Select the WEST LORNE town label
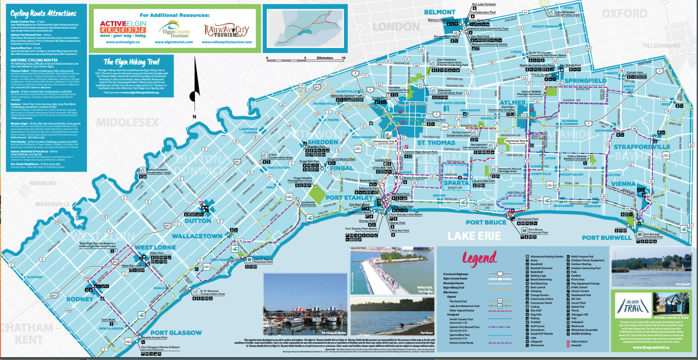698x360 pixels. [154, 247]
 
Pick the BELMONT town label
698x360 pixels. [439, 12]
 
